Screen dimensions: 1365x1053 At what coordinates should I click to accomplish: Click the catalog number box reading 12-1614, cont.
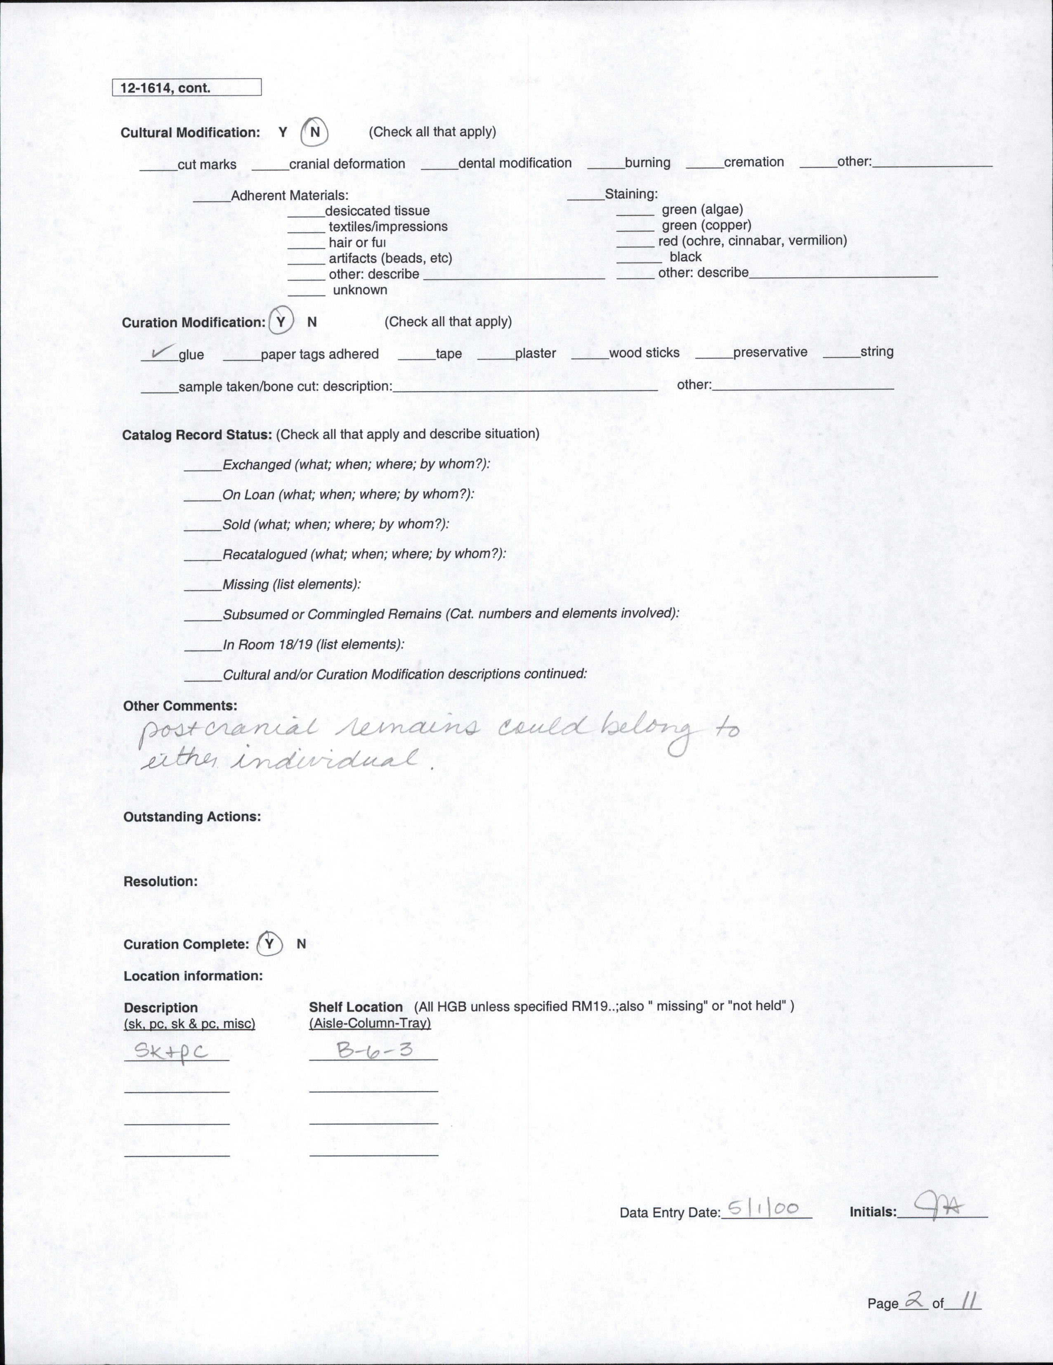click(186, 88)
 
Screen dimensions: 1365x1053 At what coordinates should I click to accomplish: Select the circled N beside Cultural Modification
click(314, 132)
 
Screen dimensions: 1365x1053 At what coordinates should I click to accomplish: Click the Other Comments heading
click(180, 706)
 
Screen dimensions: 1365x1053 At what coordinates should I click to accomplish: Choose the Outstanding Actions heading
click(192, 817)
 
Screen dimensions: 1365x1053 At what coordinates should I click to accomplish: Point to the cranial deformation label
click(347, 164)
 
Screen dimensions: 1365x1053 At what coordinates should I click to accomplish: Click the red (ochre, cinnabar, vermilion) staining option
click(753, 241)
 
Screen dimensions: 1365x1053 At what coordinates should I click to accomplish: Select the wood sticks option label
click(644, 352)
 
